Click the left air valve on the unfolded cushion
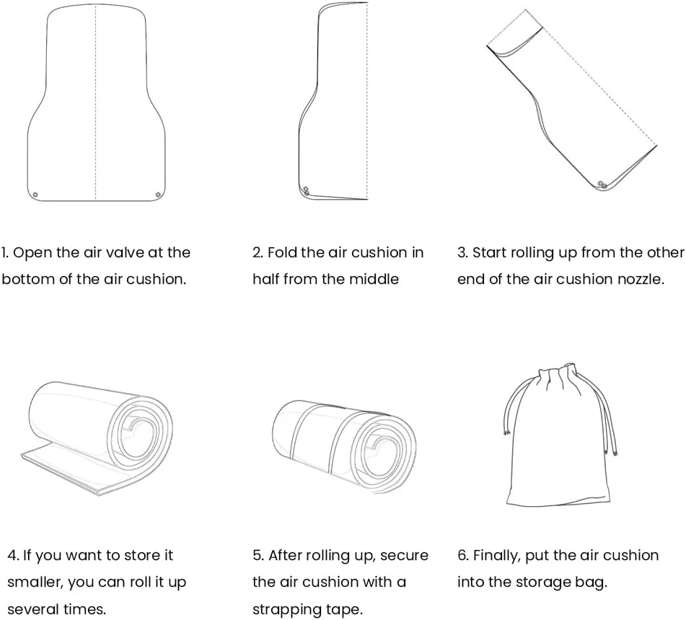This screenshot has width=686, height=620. coord(35,195)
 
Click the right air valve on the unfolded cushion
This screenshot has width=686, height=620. coord(158,195)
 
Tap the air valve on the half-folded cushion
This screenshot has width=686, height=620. coord(306,191)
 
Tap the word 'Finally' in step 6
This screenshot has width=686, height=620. coord(498,555)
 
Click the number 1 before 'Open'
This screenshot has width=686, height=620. coord(4,252)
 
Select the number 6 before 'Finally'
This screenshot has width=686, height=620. coord(462,555)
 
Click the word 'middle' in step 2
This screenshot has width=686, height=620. coord(374,279)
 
